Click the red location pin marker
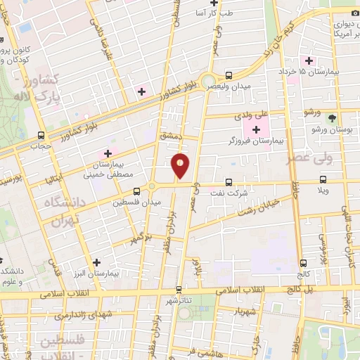pyautogui.click(x=181, y=165)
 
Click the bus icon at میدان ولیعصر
pyautogui.click(x=229, y=75)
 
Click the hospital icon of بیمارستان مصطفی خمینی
pyautogui.click(x=108, y=153)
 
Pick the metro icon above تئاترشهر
pyautogui.click(x=179, y=288)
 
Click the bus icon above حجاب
pyautogui.click(x=41, y=135)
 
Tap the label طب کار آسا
pyautogui.click(x=233, y=13)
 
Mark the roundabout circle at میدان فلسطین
pyautogui.click(x=151, y=186)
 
